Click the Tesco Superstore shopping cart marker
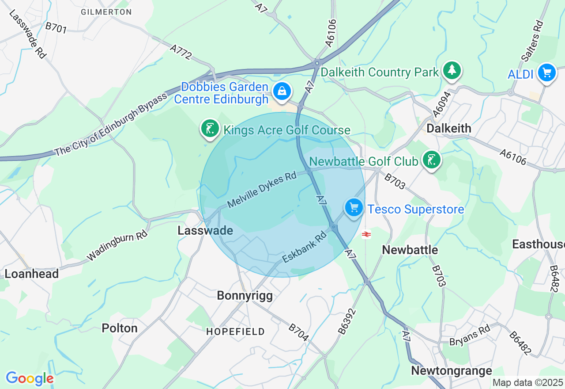pos(354,207)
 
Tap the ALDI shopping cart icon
pos(546,72)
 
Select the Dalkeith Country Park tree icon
pos(452,70)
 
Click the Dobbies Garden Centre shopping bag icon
pos(282,92)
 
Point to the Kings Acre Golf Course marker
pos(210,129)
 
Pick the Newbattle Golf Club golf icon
pos(431,160)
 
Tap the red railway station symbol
pos(366,234)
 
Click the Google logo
pos(30,378)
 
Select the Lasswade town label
pos(205,230)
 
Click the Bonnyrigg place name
pos(245,296)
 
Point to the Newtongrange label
pos(451,370)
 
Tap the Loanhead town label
pos(31,274)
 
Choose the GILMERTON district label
pos(106,12)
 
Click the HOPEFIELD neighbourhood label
pos(236,332)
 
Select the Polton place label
pos(120,328)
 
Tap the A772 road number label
pos(181,51)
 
